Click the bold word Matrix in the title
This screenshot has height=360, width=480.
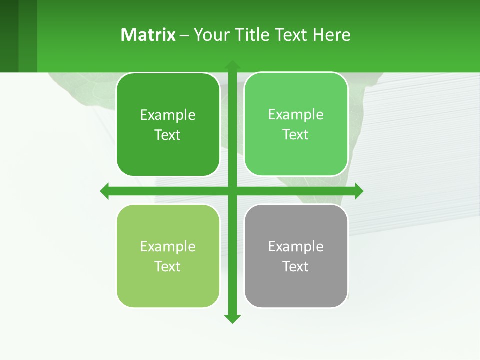coord(148,35)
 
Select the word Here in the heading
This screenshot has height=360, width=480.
coord(332,35)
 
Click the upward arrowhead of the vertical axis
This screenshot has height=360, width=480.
coord(232,65)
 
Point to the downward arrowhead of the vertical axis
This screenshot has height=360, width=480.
coord(232,318)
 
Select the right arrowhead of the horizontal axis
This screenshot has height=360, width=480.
coord(359,191)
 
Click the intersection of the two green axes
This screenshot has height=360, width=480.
coord(232,191)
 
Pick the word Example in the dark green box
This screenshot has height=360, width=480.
coord(168,115)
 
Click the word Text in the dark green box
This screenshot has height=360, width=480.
coord(168,135)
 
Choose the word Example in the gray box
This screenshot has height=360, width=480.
coord(296,246)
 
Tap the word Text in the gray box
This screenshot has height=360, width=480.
coord(296,266)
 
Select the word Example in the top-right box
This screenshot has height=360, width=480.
coord(296,115)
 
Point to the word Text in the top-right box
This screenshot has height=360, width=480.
coord(296,134)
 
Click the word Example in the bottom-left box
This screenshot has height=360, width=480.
coord(168,246)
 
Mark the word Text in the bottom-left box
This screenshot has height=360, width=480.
coord(168,266)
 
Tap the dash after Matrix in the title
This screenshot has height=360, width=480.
coord(184,35)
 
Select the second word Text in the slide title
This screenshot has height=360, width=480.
coord(292,35)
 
